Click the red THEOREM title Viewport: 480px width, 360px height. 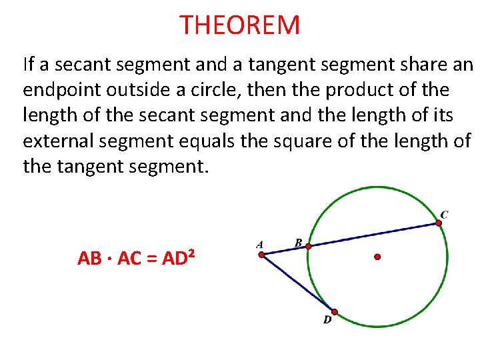pyautogui.click(x=240, y=26)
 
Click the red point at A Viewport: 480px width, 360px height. pyautogui.click(x=262, y=254)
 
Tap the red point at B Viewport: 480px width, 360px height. pyautogui.click(x=308, y=246)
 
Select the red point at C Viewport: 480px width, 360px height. pyautogui.click(x=439, y=223)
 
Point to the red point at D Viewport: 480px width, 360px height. pyautogui.click(x=335, y=311)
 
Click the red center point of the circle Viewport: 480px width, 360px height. pyautogui.click(x=377, y=256)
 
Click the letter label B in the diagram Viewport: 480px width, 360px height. pyautogui.click(x=299, y=242)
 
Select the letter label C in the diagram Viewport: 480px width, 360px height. pyautogui.click(x=444, y=214)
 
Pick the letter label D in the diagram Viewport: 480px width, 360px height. pyautogui.click(x=327, y=321)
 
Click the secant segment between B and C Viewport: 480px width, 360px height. pyautogui.click(x=373, y=235)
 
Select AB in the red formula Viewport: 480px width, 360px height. pyautogui.click(x=89, y=259)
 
